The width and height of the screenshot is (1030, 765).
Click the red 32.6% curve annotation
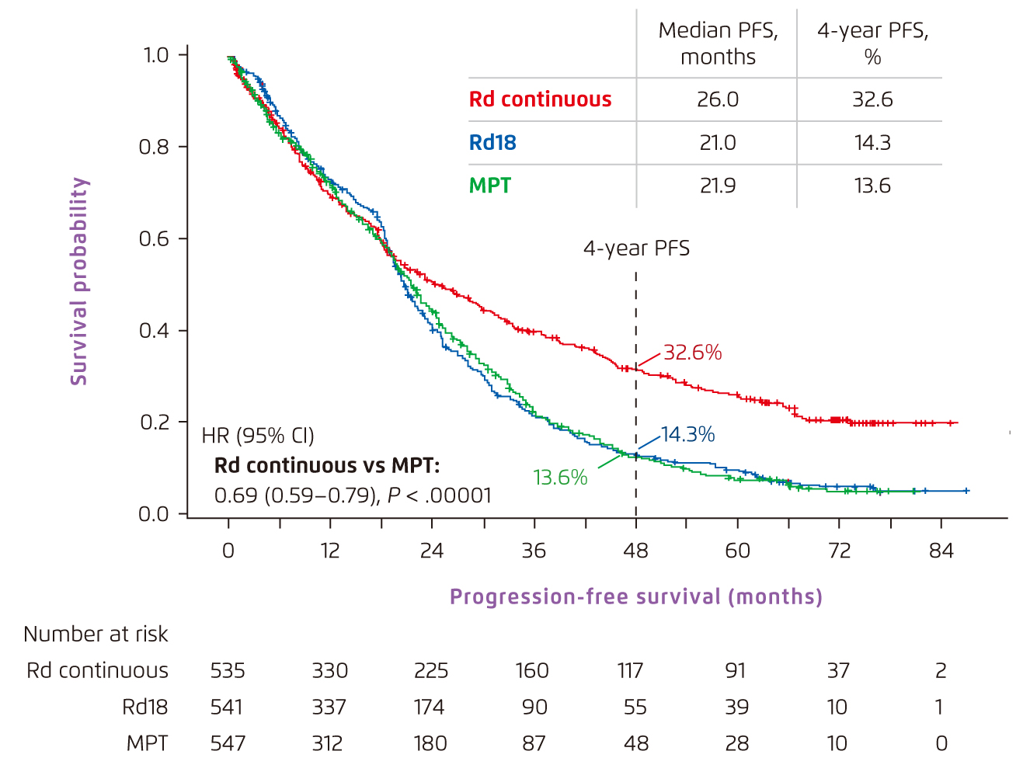[x=692, y=353]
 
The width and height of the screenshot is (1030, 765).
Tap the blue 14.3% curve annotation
[x=687, y=434]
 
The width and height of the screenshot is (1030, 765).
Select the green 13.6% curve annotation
[x=560, y=477]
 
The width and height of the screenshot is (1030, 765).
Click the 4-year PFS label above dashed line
[x=636, y=249]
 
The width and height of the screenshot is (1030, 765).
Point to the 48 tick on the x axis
[x=635, y=551]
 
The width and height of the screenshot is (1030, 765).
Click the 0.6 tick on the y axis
[x=154, y=238]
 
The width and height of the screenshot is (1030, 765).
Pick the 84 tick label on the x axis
[x=941, y=551]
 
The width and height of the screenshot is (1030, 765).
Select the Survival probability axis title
[x=79, y=281]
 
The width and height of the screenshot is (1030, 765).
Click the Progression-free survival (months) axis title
[x=635, y=596]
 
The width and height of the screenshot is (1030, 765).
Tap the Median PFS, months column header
[x=718, y=43]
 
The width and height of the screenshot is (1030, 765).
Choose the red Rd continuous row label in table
[x=540, y=99]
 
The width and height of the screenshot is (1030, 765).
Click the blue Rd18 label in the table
[x=492, y=143]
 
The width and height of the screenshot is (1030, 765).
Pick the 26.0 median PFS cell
[x=718, y=99]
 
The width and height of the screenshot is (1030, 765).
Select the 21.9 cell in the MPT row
[x=718, y=186]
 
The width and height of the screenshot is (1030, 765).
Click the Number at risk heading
[x=96, y=635]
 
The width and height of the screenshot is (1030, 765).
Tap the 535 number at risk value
[x=228, y=670]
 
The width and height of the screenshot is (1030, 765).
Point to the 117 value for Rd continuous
[x=630, y=670]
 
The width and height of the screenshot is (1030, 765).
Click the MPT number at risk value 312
[x=327, y=743]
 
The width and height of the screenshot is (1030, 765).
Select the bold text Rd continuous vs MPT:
[x=327, y=465]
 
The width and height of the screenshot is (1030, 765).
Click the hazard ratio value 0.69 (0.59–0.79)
[x=296, y=496]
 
